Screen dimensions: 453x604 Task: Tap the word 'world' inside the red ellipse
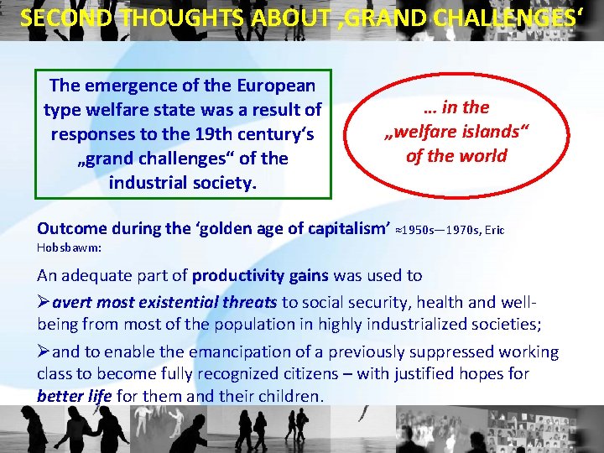(482, 156)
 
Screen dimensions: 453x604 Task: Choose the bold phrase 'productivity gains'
(261, 275)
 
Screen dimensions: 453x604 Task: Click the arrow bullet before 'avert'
(44, 302)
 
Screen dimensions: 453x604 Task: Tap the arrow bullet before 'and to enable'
(44, 352)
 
